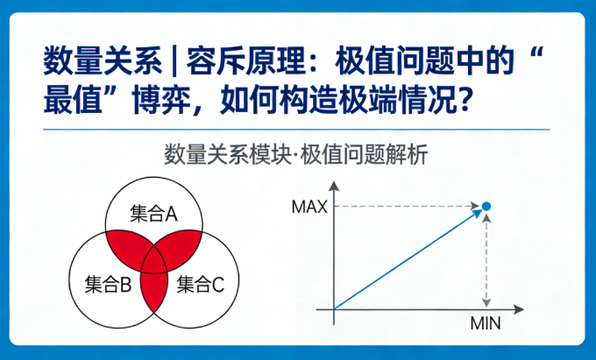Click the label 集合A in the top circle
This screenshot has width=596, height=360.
tap(153, 213)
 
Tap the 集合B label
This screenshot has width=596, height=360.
tap(108, 284)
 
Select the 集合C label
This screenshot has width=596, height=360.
tap(201, 284)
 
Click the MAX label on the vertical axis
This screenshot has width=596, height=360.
tap(309, 207)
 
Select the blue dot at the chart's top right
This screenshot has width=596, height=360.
tap(487, 207)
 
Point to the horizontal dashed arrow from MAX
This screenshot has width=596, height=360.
tap(403, 207)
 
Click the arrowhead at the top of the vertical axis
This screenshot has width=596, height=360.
tap(334, 186)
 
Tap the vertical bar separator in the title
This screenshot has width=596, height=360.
tap(174, 62)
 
